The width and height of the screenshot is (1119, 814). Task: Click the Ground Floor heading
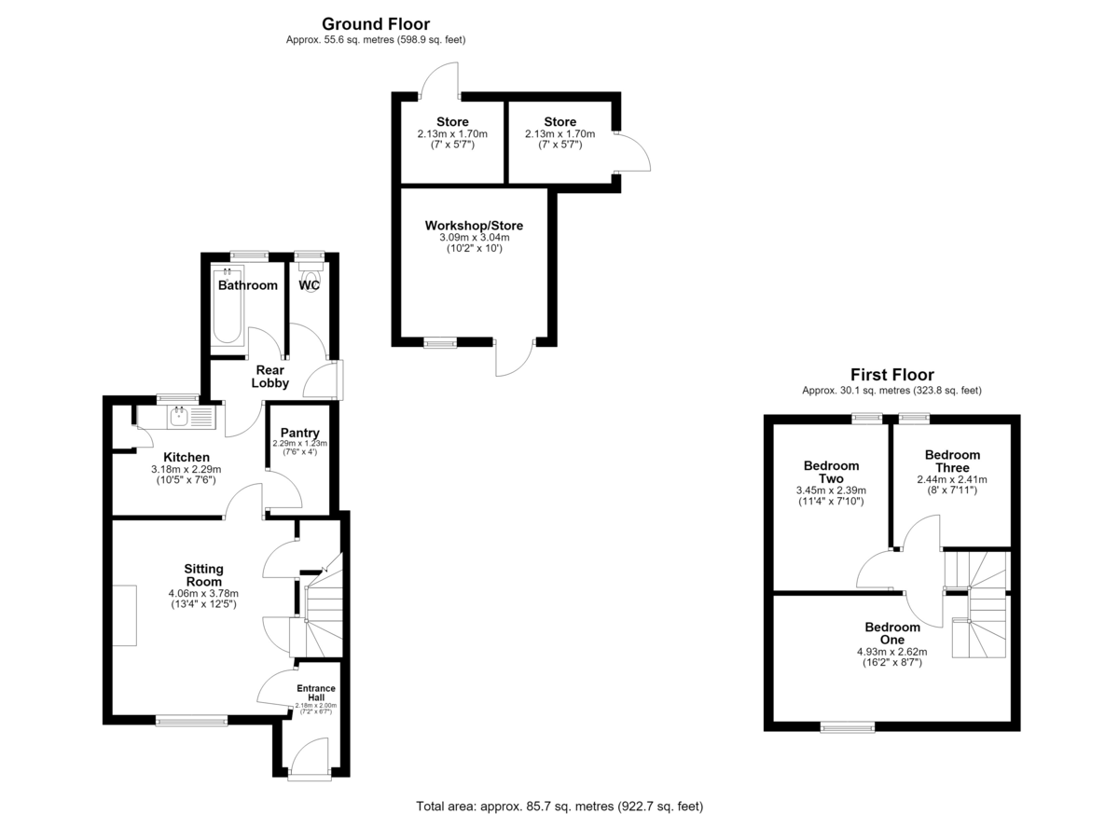(x=376, y=24)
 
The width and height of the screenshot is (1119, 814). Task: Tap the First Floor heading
(x=891, y=375)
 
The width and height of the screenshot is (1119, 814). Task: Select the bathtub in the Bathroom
(x=228, y=306)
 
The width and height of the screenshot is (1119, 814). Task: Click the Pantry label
(x=299, y=433)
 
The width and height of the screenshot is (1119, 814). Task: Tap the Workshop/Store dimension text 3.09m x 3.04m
(x=474, y=237)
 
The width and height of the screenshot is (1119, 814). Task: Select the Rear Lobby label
(x=269, y=377)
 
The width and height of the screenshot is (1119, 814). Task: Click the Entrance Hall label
(x=316, y=693)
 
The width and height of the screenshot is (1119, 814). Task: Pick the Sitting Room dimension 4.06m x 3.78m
(x=203, y=593)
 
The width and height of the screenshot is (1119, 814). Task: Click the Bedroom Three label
(x=952, y=461)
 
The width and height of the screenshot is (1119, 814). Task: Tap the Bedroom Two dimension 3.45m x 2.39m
(x=831, y=490)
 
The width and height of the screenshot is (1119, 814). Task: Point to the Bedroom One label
(x=892, y=633)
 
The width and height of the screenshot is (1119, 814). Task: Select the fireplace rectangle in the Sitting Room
(x=124, y=615)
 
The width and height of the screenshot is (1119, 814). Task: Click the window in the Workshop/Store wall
(x=440, y=342)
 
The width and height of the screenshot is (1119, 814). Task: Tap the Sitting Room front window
(x=191, y=720)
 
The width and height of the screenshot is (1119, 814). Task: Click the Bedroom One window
(x=848, y=727)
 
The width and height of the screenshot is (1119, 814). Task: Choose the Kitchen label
(x=186, y=457)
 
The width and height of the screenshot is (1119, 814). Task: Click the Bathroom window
(x=249, y=256)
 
